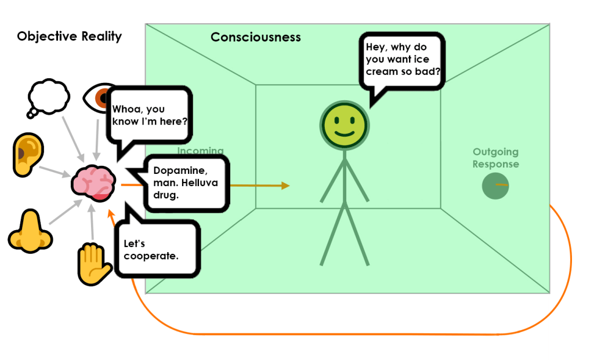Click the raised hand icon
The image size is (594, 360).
pyautogui.click(x=94, y=264)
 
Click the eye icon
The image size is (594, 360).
pyautogui.click(x=96, y=97)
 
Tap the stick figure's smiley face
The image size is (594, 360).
pyautogui.click(x=345, y=125)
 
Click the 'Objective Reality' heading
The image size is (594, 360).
pyautogui.click(x=69, y=37)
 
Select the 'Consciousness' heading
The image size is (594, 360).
pyautogui.click(x=255, y=38)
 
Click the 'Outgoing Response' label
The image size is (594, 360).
pyautogui.click(x=495, y=158)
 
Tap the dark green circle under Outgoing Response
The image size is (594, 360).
pyautogui.click(x=495, y=186)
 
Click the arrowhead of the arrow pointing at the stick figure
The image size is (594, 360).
pyautogui.click(x=285, y=186)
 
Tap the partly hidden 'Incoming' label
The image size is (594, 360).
pyautogui.click(x=200, y=151)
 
